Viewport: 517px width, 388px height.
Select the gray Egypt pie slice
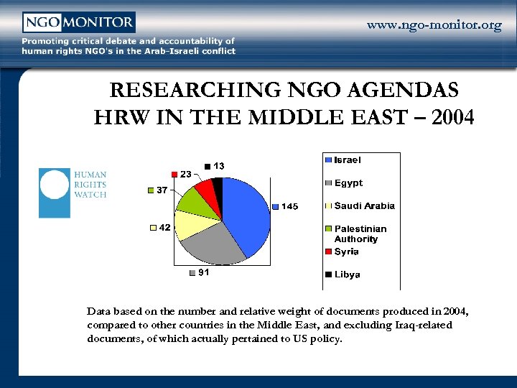point(212,245)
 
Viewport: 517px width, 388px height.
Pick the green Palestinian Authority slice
point(192,201)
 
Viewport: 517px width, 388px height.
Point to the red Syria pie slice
point(206,190)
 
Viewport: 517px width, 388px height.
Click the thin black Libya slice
point(218,188)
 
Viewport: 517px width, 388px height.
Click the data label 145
point(289,207)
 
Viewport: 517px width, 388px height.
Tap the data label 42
point(164,228)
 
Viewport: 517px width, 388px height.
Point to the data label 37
point(162,190)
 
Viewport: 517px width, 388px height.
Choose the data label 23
point(185,174)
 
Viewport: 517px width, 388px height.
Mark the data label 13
point(218,166)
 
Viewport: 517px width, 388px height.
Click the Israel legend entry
point(348,160)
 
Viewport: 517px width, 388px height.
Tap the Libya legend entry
point(348,274)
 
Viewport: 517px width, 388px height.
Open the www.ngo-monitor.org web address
point(434,26)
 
